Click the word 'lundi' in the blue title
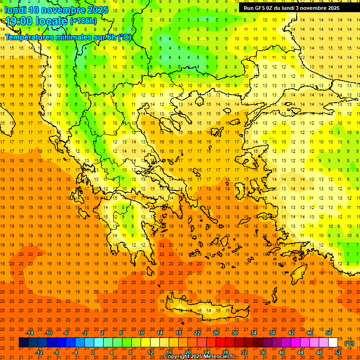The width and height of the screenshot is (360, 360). (15, 10)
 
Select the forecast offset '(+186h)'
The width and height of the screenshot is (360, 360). (83, 21)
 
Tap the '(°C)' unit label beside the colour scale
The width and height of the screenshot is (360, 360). (349, 343)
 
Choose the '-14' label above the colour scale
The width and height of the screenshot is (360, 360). (30, 333)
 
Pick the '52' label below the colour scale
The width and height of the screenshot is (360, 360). (338, 352)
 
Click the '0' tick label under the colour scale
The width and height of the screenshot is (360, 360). (93, 352)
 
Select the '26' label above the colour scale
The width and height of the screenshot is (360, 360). (216, 333)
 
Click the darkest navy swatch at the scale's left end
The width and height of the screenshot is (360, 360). (23, 343)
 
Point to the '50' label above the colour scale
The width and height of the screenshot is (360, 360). (329, 333)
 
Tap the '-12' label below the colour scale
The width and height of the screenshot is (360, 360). (39, 352)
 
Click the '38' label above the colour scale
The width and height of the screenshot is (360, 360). (272, 333)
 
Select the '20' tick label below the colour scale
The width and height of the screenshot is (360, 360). (187, 352)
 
